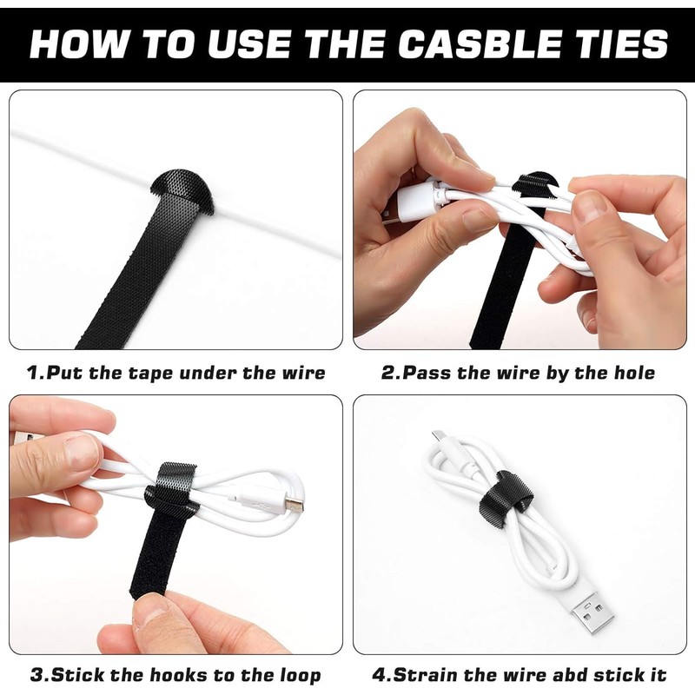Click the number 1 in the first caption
click(x=33, y=373)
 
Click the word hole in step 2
click(x=632, y=373)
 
